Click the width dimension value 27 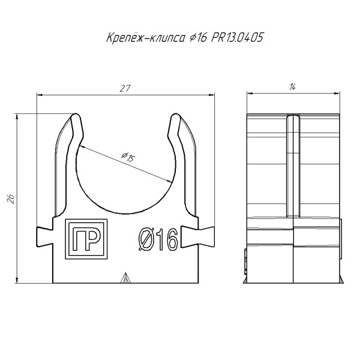[x=125, y=88]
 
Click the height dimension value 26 [x=11, y=199]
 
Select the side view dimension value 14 [x=292, y=87]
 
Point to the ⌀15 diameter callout [x=128, y=157]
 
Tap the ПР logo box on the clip [x=86, y=239]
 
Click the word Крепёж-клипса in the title [x=146, y=38]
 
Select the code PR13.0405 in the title [x=236, y=37]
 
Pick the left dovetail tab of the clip [x=44, y=237]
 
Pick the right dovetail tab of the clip [x=197, y=237]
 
